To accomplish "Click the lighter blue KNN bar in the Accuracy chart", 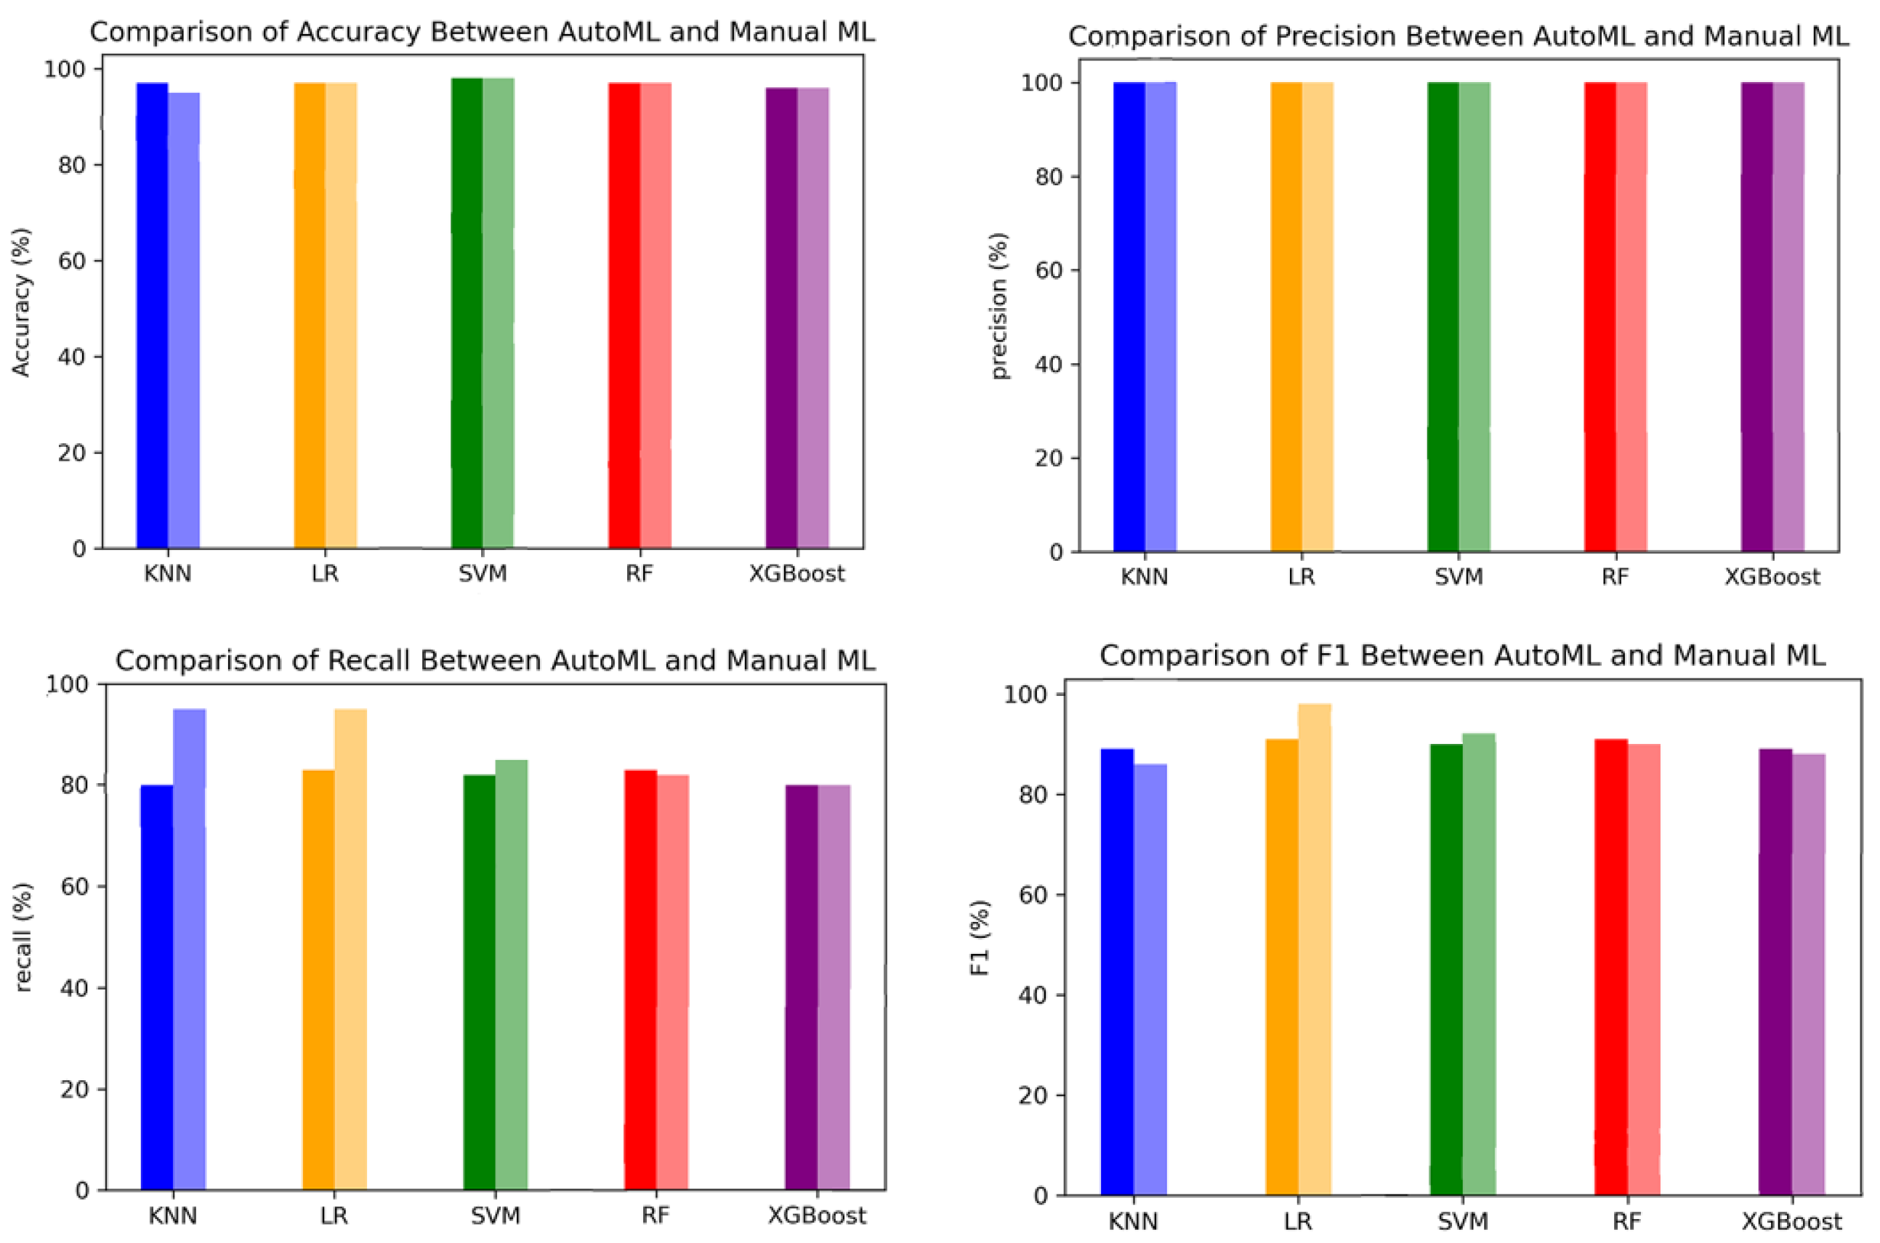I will pyautogui.click(x=184, y=317).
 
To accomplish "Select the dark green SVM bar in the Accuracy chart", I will pyautogui.click(x=467, y=317).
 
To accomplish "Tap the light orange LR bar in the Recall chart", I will pyautogui.click(x=350, y=951).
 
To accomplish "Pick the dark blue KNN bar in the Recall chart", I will pyautogui.click(x=157, y=991).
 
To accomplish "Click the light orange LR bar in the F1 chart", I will pyautogui.click(x=1315, y=951).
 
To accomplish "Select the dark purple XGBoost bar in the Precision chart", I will pyautogui.click(x=1757, y=317).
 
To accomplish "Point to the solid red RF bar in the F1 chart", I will pyautogui.click(x=1610, y=967).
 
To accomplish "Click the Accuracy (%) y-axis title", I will pyautogui.click(x=21, y=302).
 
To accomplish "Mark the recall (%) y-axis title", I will pyautogui.click(x=23, y=938).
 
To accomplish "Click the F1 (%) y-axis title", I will pyautogui.click(x=982, y=937).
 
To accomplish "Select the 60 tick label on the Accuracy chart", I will pyautogui.click(x=73, y=261).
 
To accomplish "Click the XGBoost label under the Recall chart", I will pyautogui.click(x=817, y=1216).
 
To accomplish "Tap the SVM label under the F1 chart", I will pyautogui.click(x=1462, y=1222).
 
